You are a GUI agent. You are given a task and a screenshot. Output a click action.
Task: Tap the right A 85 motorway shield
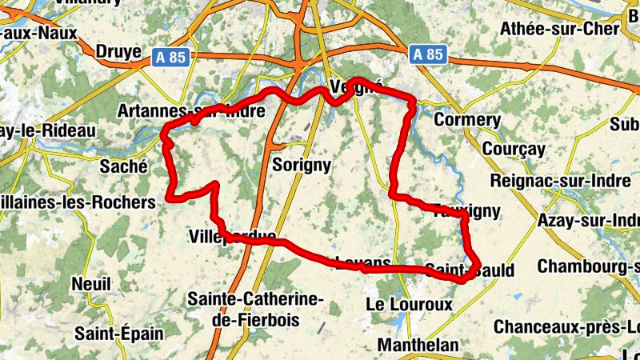[x=428, y=55]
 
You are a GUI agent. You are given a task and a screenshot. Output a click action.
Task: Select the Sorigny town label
[x=302, y=165]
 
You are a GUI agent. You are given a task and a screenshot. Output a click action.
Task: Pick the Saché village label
[x=123, y=166]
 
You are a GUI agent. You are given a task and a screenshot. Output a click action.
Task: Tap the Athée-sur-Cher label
[x=559, y=29]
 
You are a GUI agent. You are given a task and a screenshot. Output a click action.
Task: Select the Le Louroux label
[x=408, y=305]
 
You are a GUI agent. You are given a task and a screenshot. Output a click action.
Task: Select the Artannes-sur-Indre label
[x=190, y=110]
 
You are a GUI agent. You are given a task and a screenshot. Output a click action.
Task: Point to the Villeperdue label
[x=233, y=236]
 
